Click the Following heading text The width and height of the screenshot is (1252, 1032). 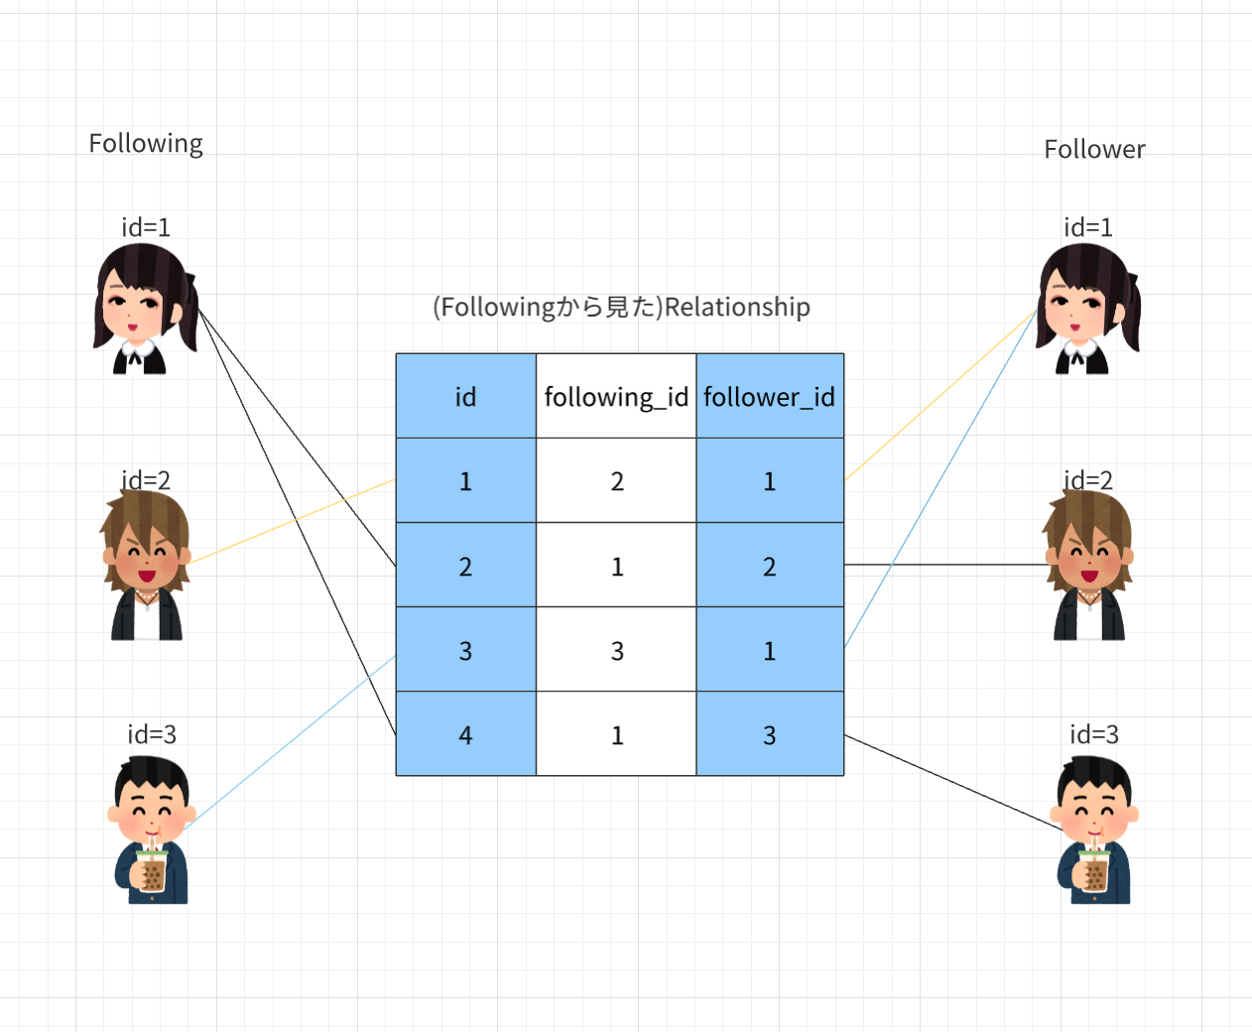coord(146,144)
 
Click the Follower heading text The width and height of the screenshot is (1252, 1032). coord(1094,150)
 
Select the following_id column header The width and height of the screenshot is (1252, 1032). coord(616,397)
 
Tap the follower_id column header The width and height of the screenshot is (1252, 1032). coord(770,397)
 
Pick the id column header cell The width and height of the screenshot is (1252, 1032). coord(465,397)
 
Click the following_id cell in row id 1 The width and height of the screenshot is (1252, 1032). coord(616,481)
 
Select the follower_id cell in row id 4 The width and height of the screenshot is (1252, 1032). coord(770,735)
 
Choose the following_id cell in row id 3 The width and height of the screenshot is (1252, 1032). coord(616,651)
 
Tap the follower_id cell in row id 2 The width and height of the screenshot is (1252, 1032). coord(770,566)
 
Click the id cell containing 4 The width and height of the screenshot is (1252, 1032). coord(465,735)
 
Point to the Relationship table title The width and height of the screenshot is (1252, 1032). coord(621,308)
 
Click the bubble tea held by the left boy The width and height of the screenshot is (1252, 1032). coord(152,870)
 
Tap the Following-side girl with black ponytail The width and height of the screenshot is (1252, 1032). coord(144,309)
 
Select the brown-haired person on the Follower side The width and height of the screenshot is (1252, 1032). coord(1088,566)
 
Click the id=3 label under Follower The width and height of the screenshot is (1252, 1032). coord(1093,734)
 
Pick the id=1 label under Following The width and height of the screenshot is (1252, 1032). coord(146,227)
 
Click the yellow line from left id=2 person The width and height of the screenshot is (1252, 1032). coord(293,521)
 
